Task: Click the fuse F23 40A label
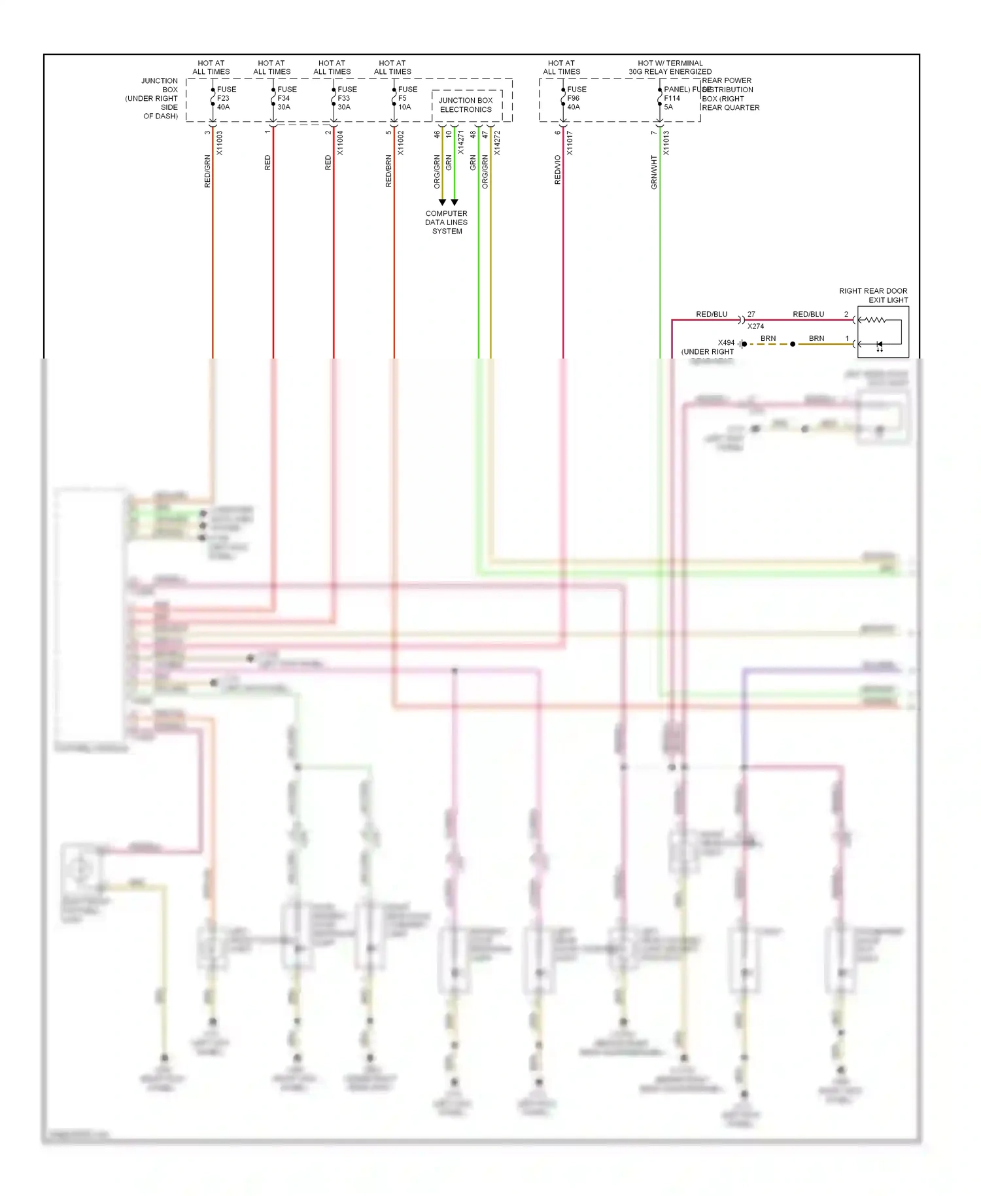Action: point(226,98)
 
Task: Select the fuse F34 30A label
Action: point(286,98)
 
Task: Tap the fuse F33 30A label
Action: point(347,98)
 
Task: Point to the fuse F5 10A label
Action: point(407,98)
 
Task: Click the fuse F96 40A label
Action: point(576,98)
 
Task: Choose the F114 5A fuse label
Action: point(674,98)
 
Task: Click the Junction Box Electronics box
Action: point(466,105)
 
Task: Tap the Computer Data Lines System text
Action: point(447,222)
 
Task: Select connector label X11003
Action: point(220,143)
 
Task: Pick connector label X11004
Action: point(340,143)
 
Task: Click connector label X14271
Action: point(461,143)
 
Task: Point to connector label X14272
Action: point(497,143)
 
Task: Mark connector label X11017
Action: point(570,143)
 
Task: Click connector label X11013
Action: point(666,143)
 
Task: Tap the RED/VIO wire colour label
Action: point(558,169)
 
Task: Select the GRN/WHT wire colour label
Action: point(654,172)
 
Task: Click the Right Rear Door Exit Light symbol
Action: point(883,332)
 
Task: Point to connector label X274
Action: point(755,326)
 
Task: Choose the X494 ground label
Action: point(726,343)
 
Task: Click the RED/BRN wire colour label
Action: point(389,171)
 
